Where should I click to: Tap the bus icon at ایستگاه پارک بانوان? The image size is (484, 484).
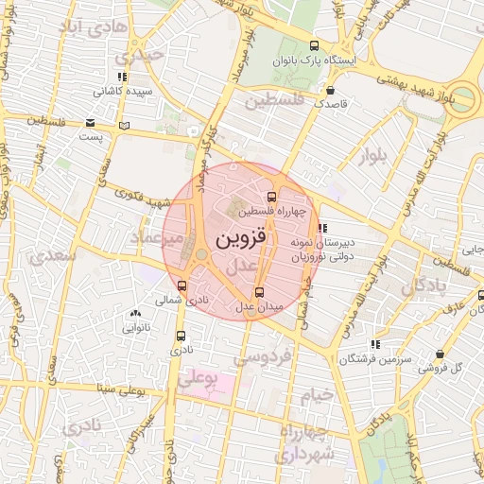[x=315, y=45]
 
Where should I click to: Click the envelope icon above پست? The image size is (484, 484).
[x=90, y=123]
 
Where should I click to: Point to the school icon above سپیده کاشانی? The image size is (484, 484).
[x=121, y=78]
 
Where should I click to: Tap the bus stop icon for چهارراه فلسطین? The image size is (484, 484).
[x=272, y=198]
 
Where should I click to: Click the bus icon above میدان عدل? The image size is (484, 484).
[x=260, y=291]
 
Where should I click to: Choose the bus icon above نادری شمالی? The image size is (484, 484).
[x=181, y=285]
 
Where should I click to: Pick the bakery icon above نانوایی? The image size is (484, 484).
[x=135, y=314]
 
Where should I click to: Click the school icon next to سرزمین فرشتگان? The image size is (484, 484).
[x=375, y=344]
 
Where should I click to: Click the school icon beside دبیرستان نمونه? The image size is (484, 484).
[x=323, y=227]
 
